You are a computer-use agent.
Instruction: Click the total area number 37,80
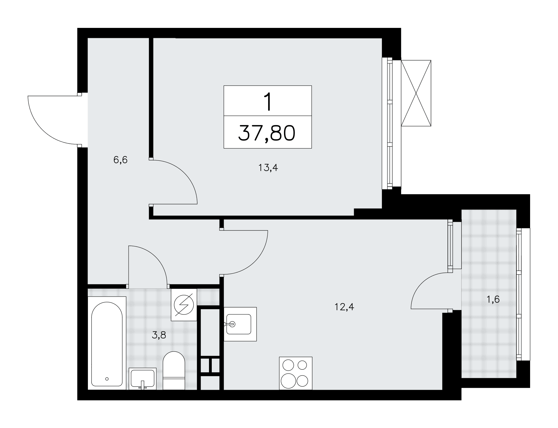point(267,133)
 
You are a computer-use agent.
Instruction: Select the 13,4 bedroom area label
point(268,168)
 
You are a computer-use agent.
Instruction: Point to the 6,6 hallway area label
point(120,160)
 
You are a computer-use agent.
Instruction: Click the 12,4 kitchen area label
point(344,307)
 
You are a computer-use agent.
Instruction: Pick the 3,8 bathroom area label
point(159,335)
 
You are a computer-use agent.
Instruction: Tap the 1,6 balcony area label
point(493,299)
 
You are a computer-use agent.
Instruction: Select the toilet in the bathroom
point(174,371)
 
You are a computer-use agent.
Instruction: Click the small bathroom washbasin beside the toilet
point(143,378)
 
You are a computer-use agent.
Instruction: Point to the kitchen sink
point(240,324)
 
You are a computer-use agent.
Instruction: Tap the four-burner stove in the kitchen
point(295,373)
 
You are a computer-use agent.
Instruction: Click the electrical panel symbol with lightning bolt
point(184,305)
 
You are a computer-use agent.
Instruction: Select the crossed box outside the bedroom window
point(416,93)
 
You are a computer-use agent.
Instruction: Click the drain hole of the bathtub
point(107,379)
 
